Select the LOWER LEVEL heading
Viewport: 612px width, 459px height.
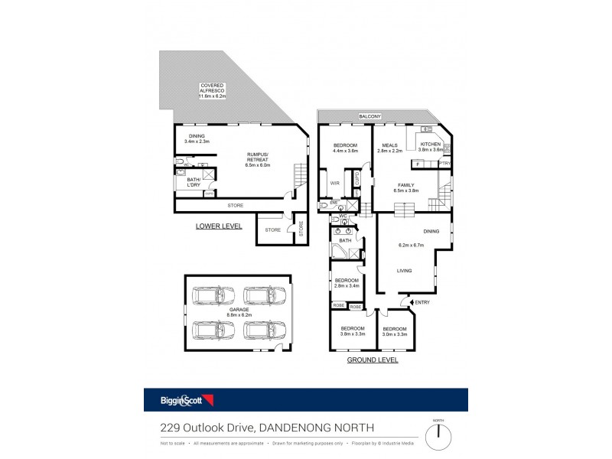[218, 226]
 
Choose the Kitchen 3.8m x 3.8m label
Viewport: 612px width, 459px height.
[429, 147]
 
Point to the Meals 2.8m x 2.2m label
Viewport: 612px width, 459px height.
[389, 147]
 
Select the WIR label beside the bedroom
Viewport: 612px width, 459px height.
[334, 183]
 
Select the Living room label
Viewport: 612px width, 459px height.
[406, 270]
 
